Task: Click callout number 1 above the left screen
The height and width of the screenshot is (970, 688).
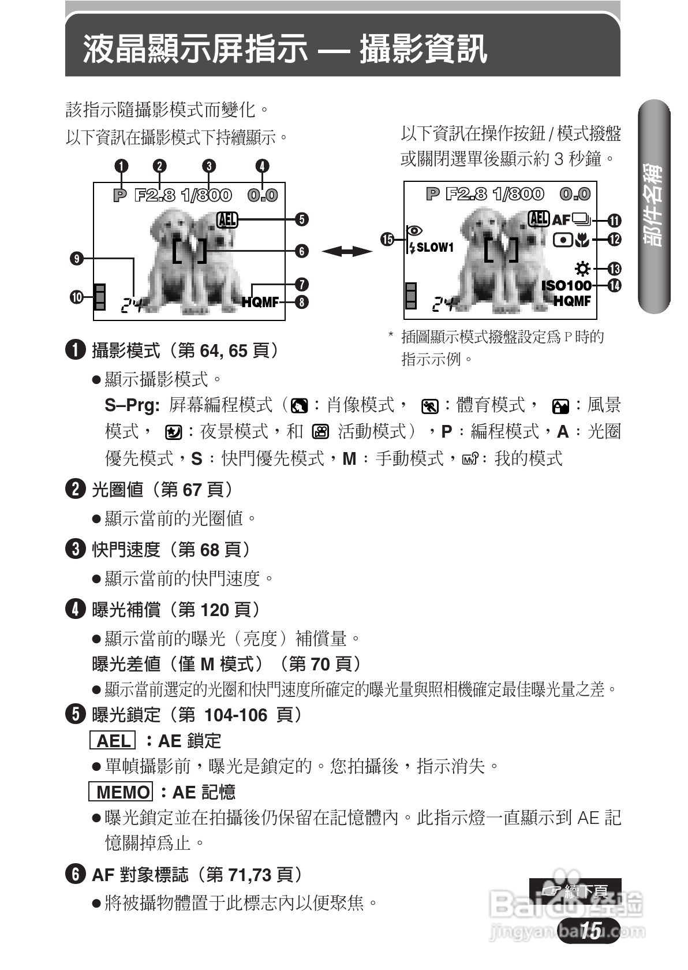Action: (x=121, y=166)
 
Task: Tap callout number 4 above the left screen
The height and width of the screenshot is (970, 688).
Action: (x=263, y=166)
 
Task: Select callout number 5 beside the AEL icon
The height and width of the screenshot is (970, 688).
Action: (x=301, y=219)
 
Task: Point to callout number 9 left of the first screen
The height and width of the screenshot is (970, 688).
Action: (x=76, y=259)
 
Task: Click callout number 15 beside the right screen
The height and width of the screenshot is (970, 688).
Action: (x=387, y=239)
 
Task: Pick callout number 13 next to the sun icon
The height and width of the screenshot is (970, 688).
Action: (x=615, y=268)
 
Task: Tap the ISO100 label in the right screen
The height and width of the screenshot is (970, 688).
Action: (x=566, y=285)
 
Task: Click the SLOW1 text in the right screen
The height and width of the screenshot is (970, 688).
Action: (x=435, y=248)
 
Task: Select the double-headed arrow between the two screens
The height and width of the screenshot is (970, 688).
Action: (x=346, y=251)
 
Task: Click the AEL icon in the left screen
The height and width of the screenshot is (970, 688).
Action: (x=227, y=219)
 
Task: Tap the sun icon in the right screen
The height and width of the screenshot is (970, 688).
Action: (x=583, y=268)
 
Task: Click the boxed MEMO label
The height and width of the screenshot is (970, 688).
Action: (x=121, y=792)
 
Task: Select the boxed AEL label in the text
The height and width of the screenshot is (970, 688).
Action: (x=113, y=741)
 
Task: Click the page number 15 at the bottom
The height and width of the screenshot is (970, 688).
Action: (x=590, y=930)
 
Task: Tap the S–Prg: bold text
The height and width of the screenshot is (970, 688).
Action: (x=132, y=405)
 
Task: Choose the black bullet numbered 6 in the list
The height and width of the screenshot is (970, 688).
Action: (x=76, y=875)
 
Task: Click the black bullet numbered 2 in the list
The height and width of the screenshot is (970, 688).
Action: (x=76, y=490)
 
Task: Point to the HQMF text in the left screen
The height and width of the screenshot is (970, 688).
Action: (x=260, y=302)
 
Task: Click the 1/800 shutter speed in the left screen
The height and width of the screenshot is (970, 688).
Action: (x=205, y=195)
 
